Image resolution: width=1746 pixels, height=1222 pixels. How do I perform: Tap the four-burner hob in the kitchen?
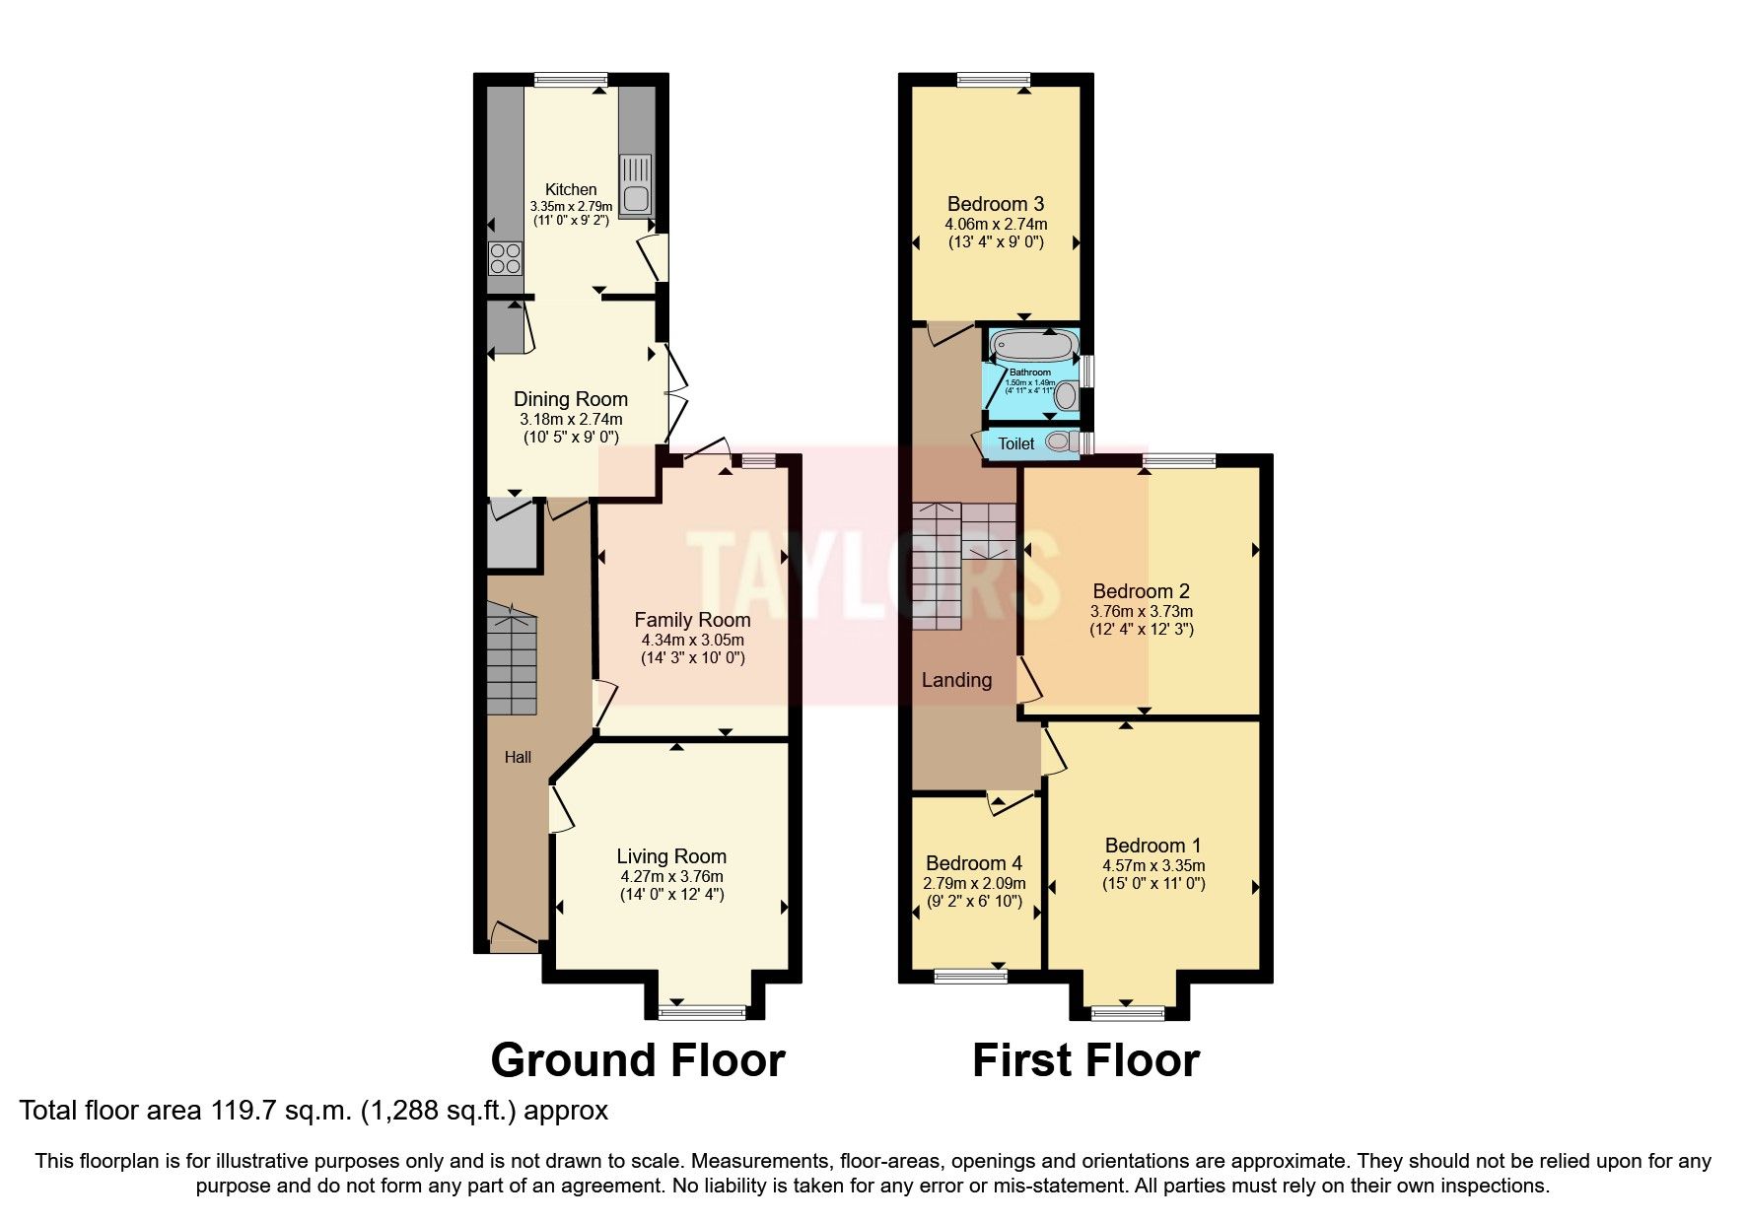(x=505, y=258)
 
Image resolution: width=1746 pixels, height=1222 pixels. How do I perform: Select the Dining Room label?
(x=571, y=399)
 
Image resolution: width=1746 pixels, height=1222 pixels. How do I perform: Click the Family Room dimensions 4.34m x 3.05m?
(x=692, y=640)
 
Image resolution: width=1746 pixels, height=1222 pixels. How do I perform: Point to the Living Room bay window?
(x=703, y=1012)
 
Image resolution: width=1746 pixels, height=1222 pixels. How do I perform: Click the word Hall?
(x=518, y=757)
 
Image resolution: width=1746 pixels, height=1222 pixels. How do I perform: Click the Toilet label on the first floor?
(x=1016, y=443)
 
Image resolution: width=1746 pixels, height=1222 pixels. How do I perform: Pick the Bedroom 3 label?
(x=995, y=204)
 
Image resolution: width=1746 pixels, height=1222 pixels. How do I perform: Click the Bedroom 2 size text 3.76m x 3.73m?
(x=1141, y=611)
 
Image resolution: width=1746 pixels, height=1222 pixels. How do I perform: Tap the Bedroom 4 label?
(x=973, y=863)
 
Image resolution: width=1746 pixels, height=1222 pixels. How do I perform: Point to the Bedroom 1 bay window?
(x=1128, y=1012)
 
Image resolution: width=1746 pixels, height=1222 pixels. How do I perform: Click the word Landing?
(x=956, y=680)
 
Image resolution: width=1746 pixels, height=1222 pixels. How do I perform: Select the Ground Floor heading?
(x=637, y=1060)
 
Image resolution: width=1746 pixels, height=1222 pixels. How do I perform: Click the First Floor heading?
(x=1085, y=1060)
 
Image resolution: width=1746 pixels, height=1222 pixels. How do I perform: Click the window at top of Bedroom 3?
(x=993, y=80)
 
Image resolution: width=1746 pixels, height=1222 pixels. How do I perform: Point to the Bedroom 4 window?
(x=971, y=976)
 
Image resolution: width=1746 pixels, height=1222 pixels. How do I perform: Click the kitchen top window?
(x=571, y=80)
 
